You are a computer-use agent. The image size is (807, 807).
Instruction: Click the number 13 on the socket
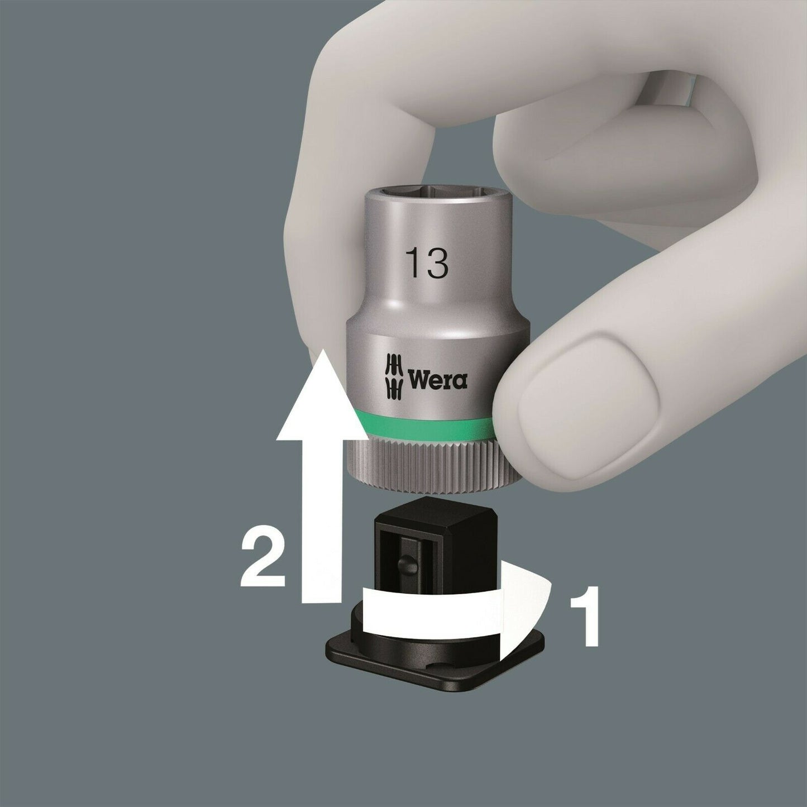428,262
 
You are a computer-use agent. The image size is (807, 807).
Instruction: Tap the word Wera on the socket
437,380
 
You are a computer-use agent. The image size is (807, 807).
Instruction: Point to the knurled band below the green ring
423,464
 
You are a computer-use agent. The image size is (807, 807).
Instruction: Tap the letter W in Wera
419,380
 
